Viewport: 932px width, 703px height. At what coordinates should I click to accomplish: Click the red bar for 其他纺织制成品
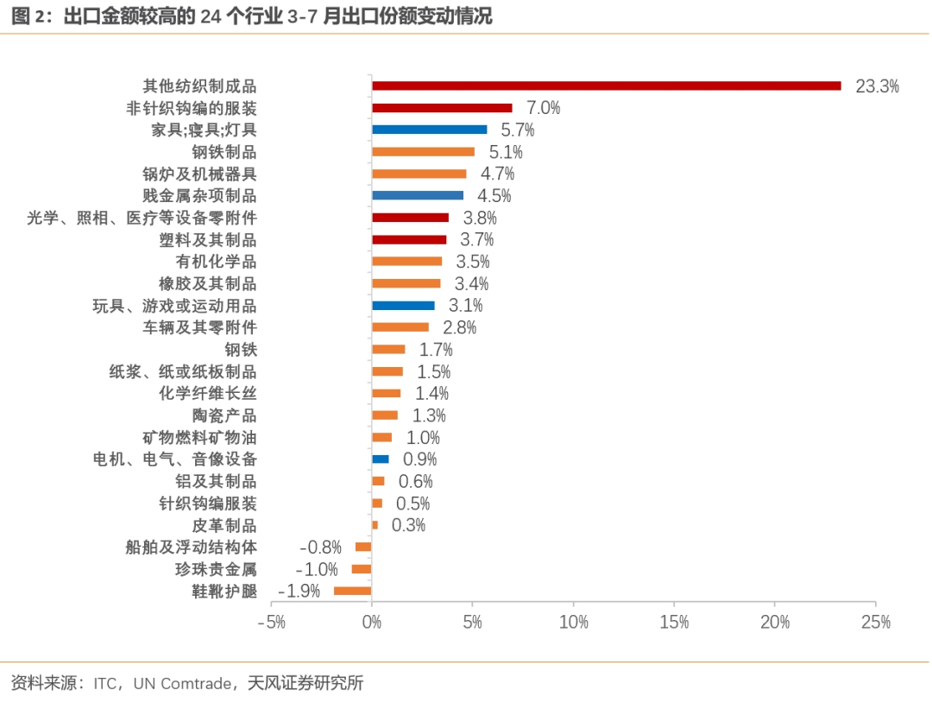[x=606, y=85]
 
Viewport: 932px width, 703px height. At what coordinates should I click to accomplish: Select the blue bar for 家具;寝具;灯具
[x=429, y=130]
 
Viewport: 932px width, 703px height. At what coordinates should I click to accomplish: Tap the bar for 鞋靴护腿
[x=352, y=591]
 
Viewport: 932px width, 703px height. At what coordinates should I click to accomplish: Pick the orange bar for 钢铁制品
[x=423, y=152]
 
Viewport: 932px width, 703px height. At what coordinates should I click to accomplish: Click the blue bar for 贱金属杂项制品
[x=418, y=195]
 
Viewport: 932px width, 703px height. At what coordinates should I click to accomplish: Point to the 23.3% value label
[x=877, y=86]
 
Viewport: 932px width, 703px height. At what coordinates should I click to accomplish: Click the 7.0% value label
[x=544, y=108]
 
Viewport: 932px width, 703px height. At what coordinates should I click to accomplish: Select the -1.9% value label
[x=299, y=591]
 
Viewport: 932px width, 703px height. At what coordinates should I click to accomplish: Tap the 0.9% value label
[x=420, y=459]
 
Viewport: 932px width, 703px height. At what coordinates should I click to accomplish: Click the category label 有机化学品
[x=216, y=262]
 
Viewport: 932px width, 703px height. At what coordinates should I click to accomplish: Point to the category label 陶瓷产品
[x=224, y=415]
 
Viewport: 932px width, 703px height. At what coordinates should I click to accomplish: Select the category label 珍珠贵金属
[x=216, y=569]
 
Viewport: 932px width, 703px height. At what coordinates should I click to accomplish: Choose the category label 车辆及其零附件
[x=199, y=327]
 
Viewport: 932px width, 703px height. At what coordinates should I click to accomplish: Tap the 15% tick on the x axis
[x=674, y=622]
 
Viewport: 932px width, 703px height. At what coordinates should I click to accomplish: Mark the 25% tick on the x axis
[x=875, y=622]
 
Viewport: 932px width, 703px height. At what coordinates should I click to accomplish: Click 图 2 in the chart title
[x=32, y=16]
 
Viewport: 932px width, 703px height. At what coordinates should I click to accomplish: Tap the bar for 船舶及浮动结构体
[x=362, y=547]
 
